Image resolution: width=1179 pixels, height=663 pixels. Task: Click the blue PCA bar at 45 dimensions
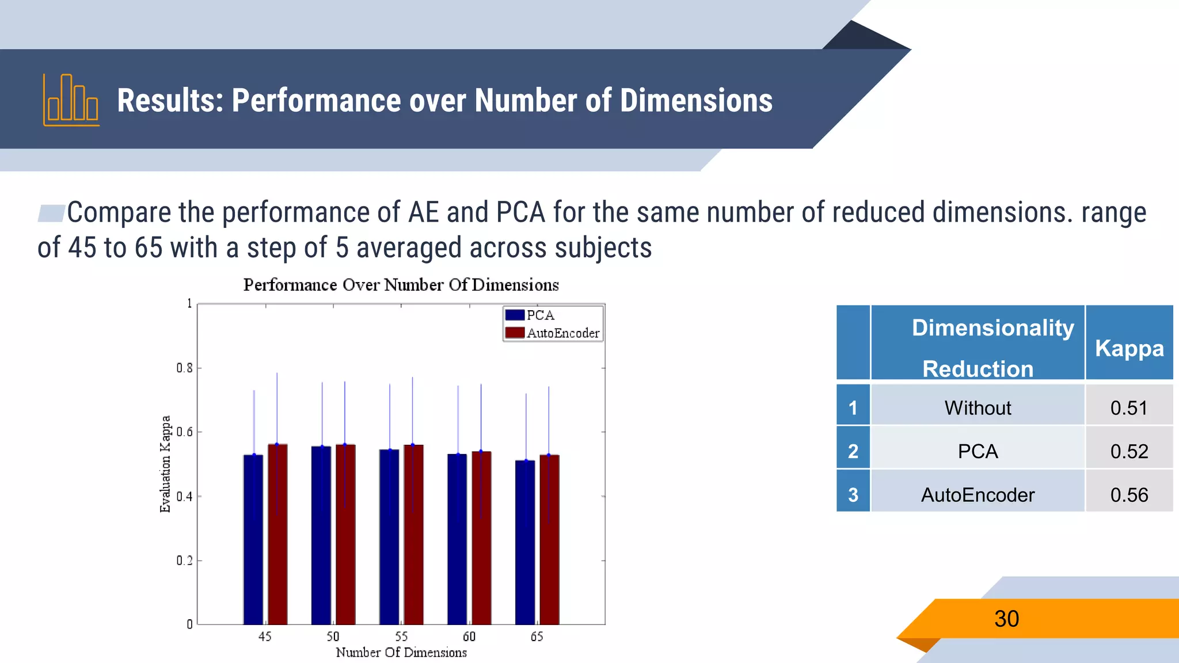pos(253,541)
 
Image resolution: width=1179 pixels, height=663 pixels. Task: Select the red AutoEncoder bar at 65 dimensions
pos(549,541)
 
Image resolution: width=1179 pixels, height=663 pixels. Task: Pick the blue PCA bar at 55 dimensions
pos(389,538)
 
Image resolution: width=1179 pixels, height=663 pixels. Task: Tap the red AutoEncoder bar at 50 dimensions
pos(345,535)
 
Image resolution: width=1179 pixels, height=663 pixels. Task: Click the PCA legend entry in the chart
pos(530,315)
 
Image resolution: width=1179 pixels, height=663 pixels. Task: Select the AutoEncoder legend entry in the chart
pos(553,333)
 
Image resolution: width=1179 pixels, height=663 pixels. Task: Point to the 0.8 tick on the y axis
pos(185,368)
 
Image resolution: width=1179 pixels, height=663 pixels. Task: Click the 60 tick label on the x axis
pos(469,637)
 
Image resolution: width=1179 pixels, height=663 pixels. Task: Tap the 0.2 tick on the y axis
pos(185,560)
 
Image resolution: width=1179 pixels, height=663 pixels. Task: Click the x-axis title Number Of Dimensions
pos(401,653)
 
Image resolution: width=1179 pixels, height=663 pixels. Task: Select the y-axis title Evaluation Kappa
pos(165,464)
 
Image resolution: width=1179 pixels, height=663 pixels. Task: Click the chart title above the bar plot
pos(401,285)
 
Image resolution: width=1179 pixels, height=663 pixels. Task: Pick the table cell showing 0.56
pos(1129,495)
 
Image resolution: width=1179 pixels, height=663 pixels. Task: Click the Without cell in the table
pos(978,408)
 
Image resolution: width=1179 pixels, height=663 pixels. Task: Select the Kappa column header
pos(1129,348)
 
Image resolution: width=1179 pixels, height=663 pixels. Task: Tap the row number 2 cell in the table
pos(853,451)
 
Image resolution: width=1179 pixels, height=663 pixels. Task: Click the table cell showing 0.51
pos(1129,408)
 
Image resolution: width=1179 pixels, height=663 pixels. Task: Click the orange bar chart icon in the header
pos(71,101)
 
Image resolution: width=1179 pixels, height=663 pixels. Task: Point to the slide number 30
pos(1006,619)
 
